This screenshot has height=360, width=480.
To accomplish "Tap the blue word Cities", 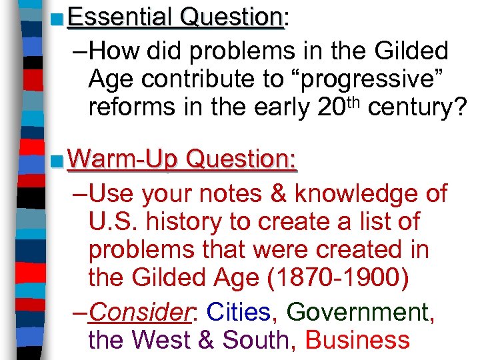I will [x=238, y=313].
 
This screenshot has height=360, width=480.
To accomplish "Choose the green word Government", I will [x=361, y=313].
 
